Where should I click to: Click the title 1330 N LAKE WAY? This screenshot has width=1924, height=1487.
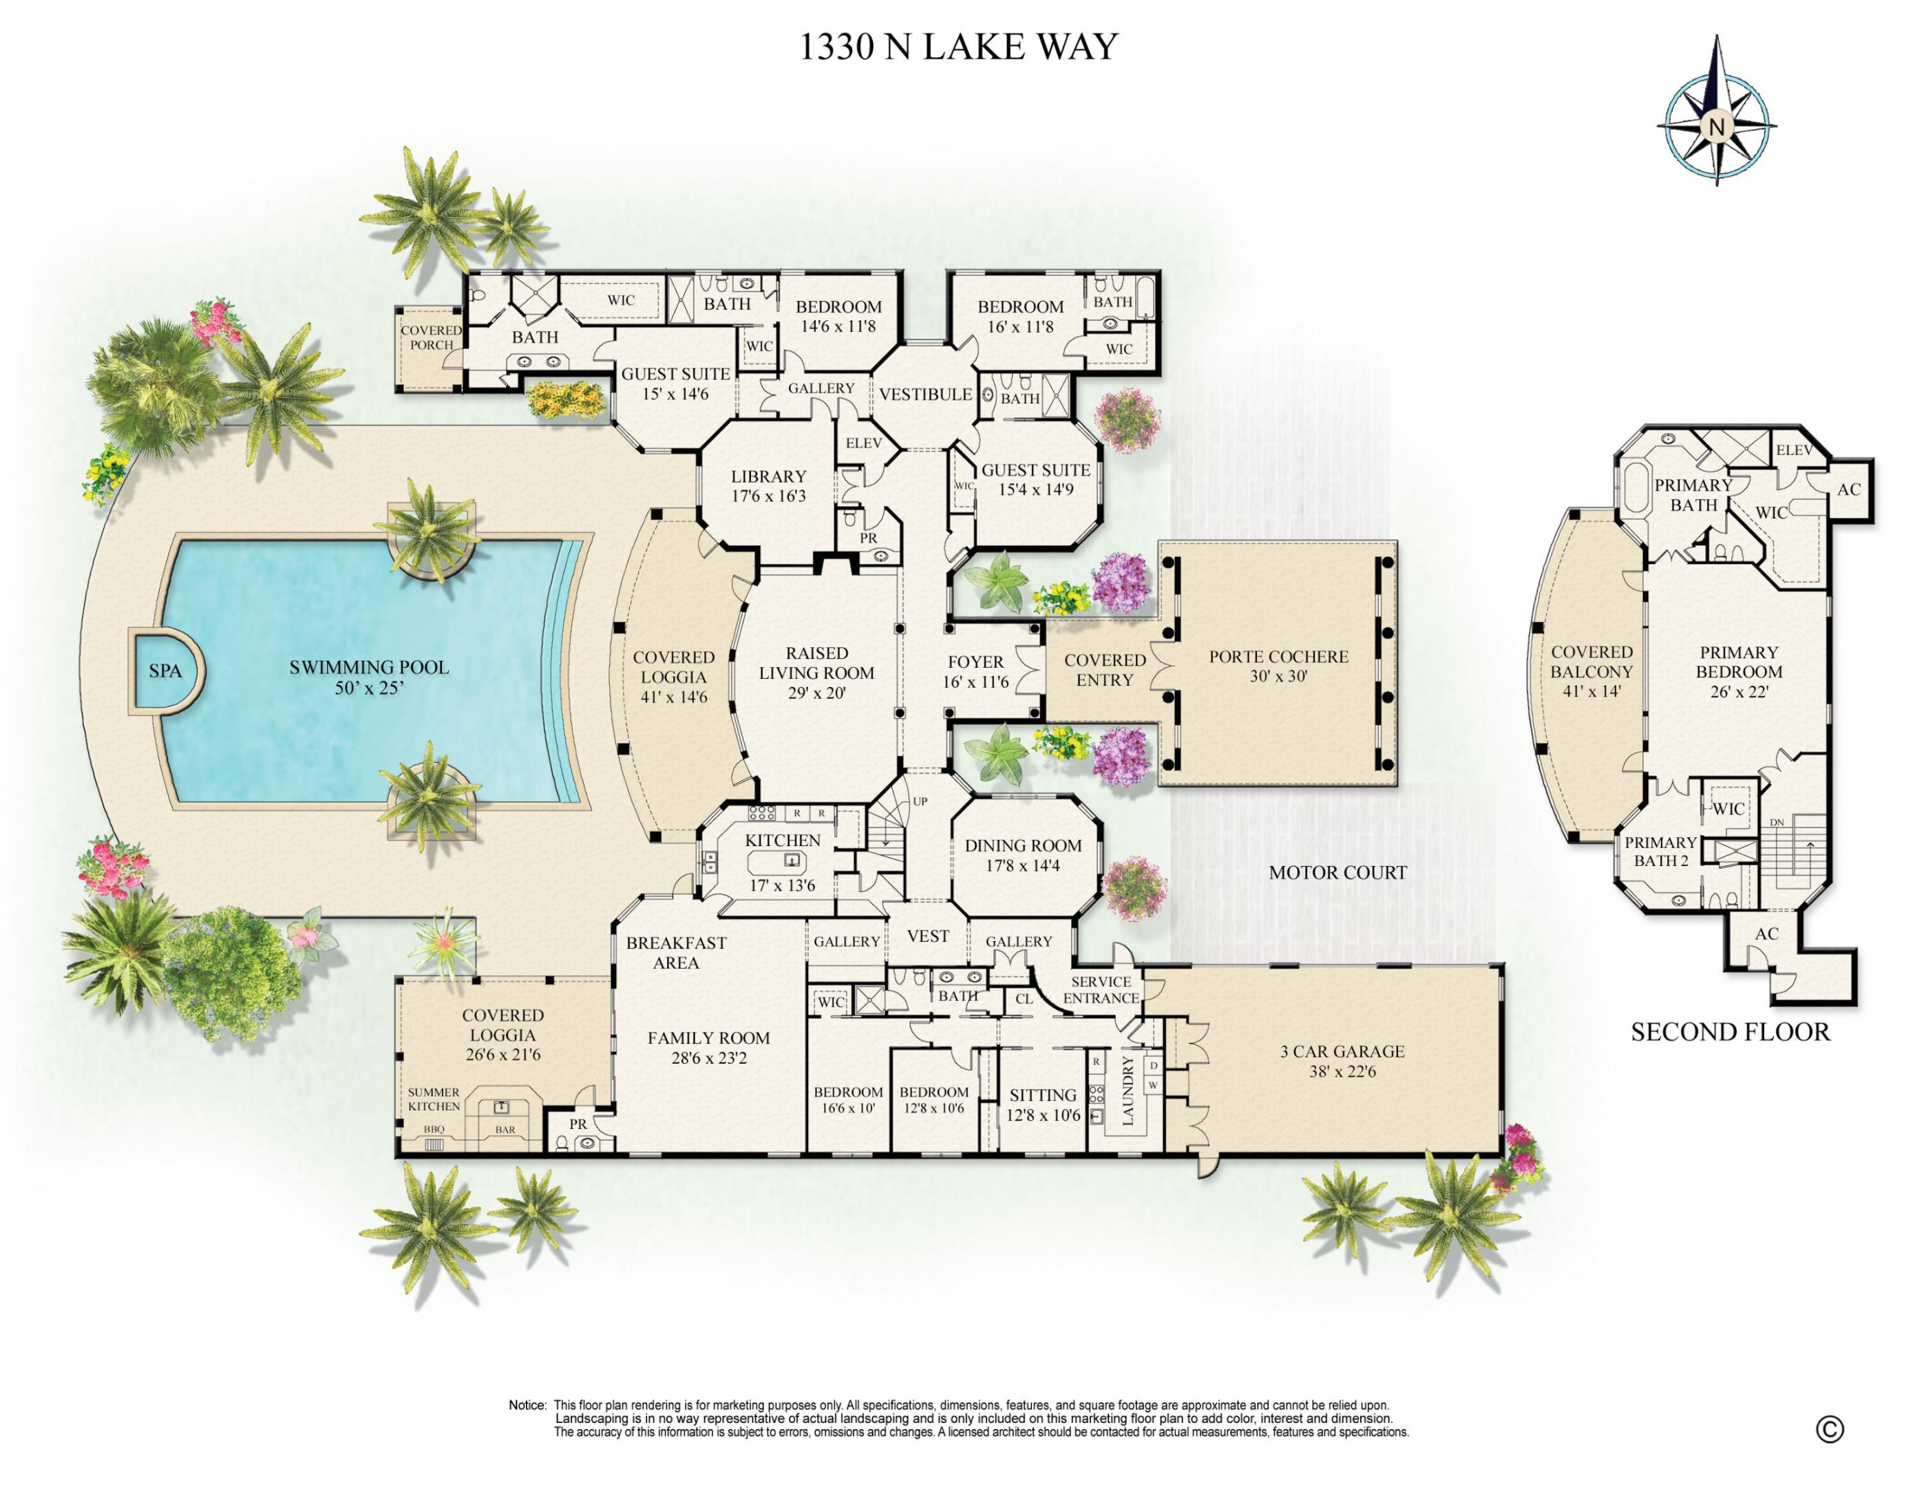(958, 47)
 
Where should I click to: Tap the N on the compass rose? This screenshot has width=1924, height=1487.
(1715, 126)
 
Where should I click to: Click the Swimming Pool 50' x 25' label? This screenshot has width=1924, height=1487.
(368, 677)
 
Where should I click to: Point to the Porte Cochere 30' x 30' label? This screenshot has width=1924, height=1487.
(1278, 666)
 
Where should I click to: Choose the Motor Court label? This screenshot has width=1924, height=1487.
(1338, 872)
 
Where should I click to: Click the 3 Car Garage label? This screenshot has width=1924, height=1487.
(1342, 1061)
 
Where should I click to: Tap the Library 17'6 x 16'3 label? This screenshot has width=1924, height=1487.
(768, 485)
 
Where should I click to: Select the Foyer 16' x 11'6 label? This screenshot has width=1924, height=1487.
(975, 671)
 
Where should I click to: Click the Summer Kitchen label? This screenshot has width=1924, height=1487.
(434, 1099)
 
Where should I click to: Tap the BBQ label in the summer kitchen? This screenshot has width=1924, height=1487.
(434, 1128)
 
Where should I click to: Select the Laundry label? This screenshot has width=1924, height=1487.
(1128, 1090)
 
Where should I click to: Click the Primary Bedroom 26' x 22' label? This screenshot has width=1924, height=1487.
(1738, 671)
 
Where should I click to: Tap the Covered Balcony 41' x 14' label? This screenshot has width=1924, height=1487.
(1591, 671)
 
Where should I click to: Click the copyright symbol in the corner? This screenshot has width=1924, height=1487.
(1829, 1429)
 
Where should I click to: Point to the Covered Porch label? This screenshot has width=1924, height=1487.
(431, 337)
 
